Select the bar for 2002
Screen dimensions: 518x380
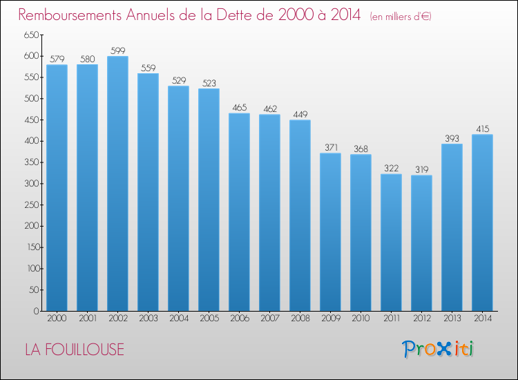117,183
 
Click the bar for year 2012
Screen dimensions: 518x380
421,243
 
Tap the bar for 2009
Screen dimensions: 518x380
330,232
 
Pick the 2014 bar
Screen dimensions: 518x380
482,222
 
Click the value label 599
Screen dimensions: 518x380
118,50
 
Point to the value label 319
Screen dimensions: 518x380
422,169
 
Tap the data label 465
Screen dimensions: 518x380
240,107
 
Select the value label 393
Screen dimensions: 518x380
452,138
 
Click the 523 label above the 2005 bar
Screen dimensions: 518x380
209,83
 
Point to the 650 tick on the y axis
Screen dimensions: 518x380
31,35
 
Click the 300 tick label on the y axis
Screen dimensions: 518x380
31,183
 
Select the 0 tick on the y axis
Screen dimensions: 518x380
37,311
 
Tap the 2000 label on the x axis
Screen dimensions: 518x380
57,318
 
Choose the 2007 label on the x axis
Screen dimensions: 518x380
270,318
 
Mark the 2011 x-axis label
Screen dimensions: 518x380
392,318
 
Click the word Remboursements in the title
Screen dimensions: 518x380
70,15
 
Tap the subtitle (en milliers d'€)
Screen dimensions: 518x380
401,17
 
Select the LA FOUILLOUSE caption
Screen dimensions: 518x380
75,350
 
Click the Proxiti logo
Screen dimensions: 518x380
438,349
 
